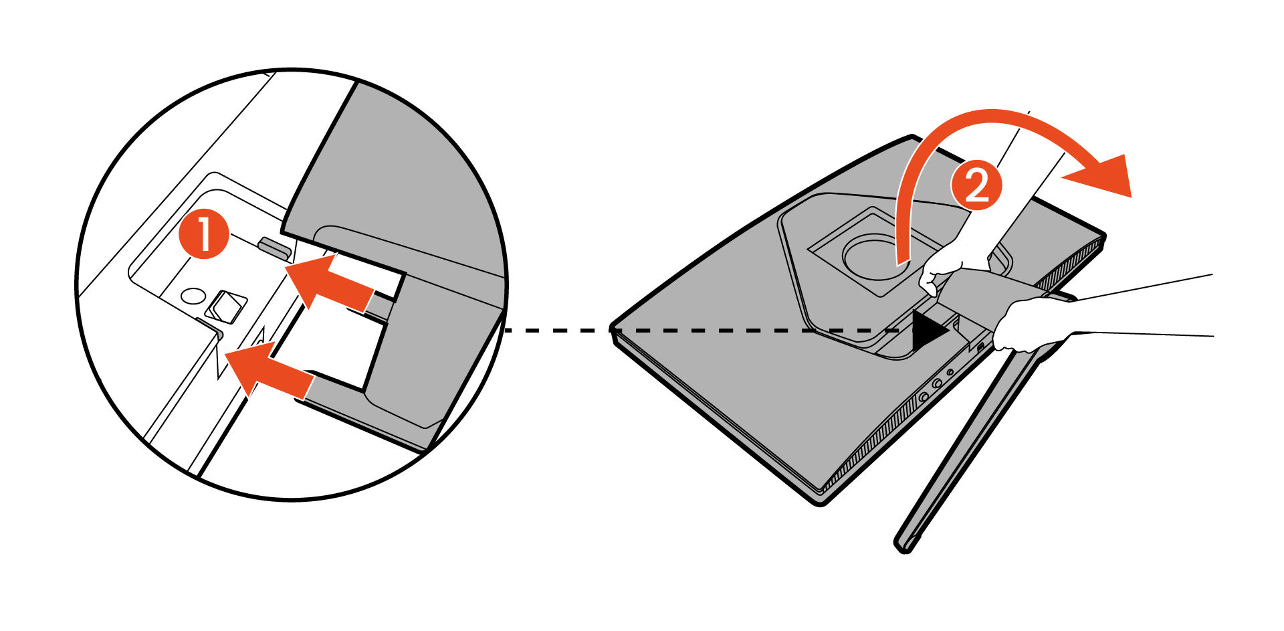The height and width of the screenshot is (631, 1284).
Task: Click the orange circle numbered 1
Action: tap(204, 234)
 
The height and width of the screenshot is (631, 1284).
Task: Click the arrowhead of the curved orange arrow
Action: tap(1097, 175)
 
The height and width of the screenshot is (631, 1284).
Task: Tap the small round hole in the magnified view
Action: tap(193, 296)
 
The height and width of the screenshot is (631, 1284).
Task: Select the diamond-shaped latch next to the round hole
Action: tap(225, 307)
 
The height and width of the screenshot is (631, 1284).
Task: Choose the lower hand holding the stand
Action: tap(1033, 325)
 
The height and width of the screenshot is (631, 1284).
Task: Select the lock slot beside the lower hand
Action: tap(981, 348)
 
